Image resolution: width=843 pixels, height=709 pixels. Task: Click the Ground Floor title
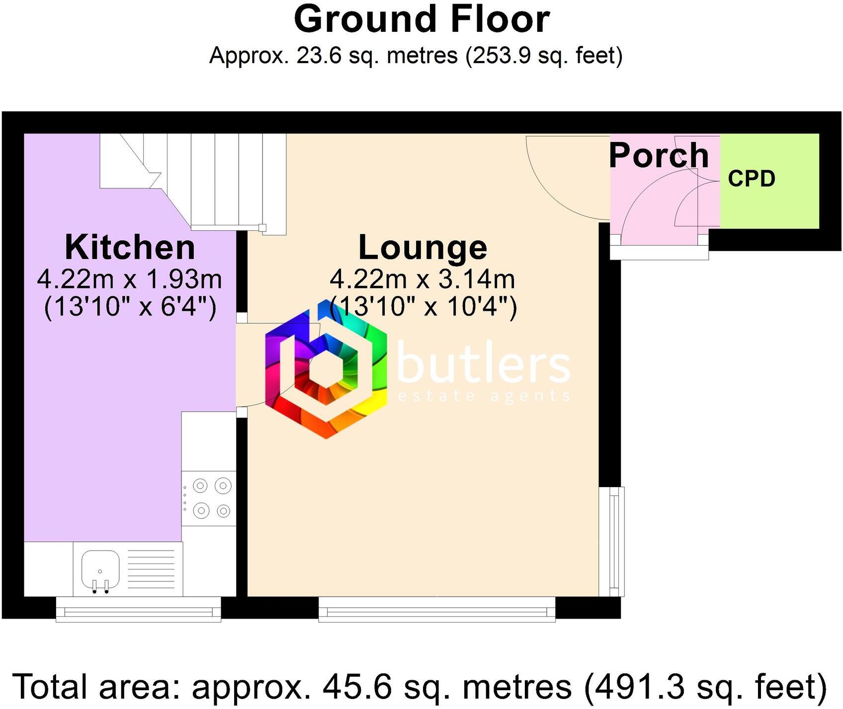tap(421, 20)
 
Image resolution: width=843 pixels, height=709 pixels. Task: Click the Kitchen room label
tap(130, 247)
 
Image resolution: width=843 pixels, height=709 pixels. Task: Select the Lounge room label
tap(422, 247)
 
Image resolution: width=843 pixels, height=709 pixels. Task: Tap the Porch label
tap(659, 155)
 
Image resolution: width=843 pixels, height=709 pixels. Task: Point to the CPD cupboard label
tap(751, 179)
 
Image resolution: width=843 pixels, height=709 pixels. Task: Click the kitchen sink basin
tap(100, 569)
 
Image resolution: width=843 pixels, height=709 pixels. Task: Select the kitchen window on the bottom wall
tap(138, 609)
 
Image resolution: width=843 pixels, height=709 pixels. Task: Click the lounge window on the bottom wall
tap(436, 609)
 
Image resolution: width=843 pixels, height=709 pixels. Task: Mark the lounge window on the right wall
tap(612, 541)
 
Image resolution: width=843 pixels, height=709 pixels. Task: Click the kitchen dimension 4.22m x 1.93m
tap(129, 280)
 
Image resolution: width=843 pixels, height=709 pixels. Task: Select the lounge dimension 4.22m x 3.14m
tap(422, 280)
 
